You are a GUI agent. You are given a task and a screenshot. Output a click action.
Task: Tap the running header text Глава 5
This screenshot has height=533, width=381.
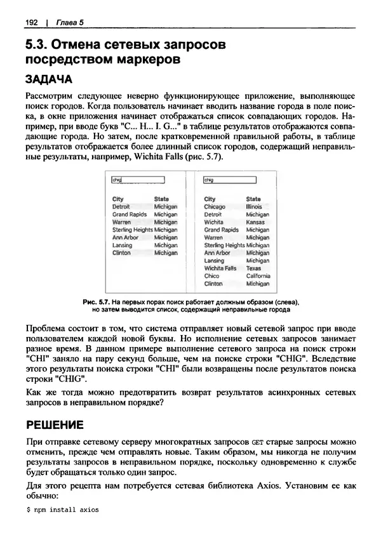point(70,23)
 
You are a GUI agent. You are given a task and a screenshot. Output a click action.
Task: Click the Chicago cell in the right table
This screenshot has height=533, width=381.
point(215,207)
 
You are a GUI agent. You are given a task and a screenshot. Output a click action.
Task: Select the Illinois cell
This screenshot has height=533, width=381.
point(254,207)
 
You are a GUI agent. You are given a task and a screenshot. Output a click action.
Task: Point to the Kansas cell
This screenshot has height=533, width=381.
point(255,222)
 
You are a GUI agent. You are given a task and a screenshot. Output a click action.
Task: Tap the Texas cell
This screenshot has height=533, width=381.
point(253,268)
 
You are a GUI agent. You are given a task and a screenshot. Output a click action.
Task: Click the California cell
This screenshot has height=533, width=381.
point(258,276)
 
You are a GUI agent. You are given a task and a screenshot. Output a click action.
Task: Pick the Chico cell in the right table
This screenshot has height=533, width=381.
point(211,276)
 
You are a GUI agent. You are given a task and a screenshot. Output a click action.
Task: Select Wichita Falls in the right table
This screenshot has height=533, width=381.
point(220,268)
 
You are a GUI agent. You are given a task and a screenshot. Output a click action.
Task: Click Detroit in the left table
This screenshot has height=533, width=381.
point(121,207)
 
